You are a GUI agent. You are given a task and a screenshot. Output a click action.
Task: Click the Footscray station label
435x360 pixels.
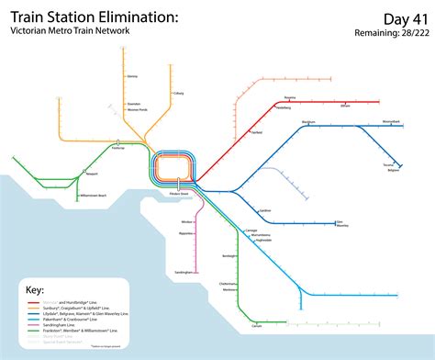117,148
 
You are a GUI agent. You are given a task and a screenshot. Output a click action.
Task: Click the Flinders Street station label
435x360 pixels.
178,194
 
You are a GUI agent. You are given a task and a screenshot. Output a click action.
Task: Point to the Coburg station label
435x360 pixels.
179,93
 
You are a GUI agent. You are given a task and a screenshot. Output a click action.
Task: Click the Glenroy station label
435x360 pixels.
133,76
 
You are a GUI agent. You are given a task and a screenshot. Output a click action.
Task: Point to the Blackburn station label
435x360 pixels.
307,121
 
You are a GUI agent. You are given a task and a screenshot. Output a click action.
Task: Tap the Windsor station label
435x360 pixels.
188,222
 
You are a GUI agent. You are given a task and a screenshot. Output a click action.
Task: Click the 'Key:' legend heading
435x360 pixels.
35,288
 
